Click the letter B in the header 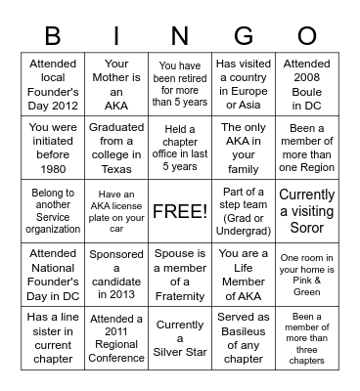coord(53,36)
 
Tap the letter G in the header coord(244,36)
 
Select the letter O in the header coord(307,36)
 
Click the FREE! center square coord(180,211)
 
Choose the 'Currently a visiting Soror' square coord(306,210)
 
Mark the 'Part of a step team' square coord(244,210)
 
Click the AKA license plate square coord(116,210)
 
